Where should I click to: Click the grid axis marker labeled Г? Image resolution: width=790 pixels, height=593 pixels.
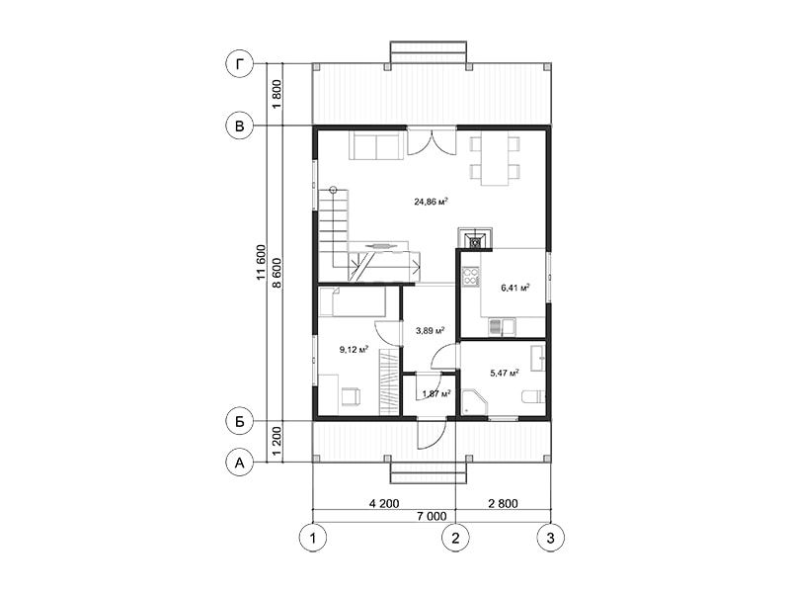click(239, 64)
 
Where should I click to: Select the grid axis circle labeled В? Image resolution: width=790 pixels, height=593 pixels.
click(239, 126)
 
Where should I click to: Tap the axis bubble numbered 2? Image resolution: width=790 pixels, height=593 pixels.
click(455, 538)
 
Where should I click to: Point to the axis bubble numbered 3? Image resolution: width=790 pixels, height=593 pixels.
click(550, 538)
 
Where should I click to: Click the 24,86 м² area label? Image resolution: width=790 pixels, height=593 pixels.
click(432, 203)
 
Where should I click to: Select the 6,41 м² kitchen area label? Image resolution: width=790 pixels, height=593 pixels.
click(514, 288)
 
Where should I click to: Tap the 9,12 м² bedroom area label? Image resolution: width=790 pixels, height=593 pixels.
click(354, 349)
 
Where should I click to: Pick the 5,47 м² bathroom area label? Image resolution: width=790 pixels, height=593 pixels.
click(505, 374)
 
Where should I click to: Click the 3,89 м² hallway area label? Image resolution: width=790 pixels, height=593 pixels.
click(430, 331)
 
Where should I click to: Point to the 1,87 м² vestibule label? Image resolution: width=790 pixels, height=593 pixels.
click(436, 393)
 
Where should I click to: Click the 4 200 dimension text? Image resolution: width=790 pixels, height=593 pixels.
click(384, 503)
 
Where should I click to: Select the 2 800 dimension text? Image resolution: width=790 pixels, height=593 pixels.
click(503, 503)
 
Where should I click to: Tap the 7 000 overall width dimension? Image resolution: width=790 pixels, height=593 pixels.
click(432, 516)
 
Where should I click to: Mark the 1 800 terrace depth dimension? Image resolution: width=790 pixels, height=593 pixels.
click(276, 95)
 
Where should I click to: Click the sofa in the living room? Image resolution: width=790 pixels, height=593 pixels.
click(376, 145)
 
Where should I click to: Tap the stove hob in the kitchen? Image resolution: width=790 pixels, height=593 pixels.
click(471, 277)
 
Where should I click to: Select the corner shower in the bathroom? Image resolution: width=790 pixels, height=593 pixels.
click(475, 401)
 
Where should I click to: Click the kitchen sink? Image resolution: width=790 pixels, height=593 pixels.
click(502, 326)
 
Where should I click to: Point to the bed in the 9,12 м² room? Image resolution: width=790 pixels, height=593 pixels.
click(352, 301)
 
